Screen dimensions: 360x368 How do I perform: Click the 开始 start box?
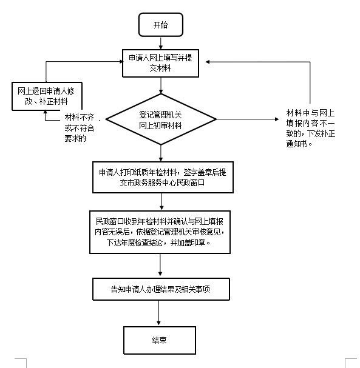161,25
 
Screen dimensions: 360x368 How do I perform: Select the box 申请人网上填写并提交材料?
161,63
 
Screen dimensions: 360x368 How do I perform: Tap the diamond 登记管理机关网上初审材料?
161,119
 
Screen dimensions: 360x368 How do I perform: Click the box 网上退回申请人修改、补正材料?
47,96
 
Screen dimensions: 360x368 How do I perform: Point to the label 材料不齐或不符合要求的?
80,128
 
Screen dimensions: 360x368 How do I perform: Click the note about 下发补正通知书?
310,128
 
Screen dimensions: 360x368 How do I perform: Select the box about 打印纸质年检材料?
163,178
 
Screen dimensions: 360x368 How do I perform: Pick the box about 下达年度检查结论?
160,232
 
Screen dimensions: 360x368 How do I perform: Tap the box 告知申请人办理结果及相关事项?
161,289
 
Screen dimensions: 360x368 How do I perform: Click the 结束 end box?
160,340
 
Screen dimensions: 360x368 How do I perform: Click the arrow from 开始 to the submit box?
161,43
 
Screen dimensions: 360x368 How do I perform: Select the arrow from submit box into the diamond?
161,85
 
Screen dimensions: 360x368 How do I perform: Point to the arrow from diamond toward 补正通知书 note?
248,119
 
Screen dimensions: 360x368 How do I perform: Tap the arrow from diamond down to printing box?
161,153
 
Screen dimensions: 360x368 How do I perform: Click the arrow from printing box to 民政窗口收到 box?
161,202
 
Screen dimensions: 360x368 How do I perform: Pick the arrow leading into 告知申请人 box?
160,265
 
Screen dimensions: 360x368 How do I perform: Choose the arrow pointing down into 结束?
158,313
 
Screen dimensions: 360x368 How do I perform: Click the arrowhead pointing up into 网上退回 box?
46,112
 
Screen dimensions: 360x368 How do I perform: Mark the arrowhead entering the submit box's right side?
208,62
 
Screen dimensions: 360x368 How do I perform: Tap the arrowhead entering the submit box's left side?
121,62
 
